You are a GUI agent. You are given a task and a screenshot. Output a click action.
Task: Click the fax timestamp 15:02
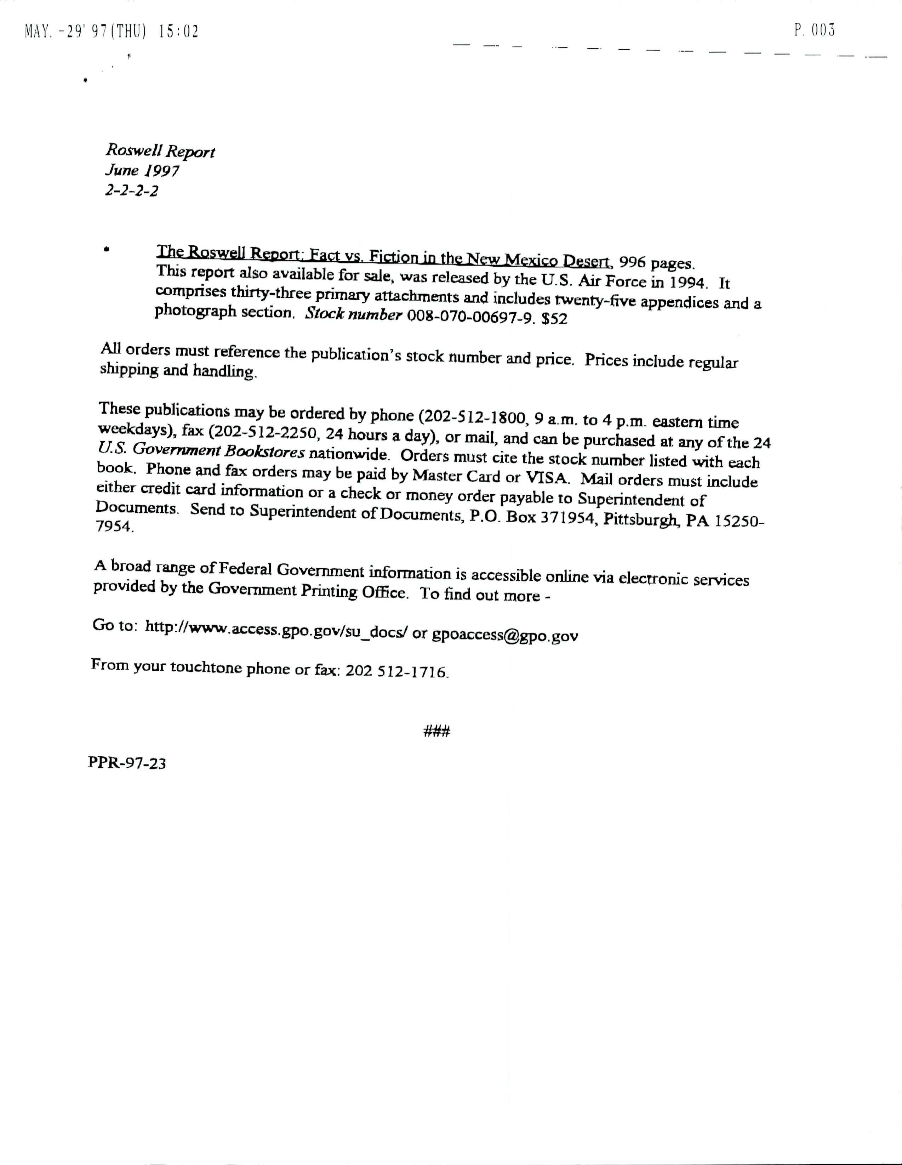pyautogui.click(x=179, y=32)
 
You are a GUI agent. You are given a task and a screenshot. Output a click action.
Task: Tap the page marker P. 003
pyautogui.click(x=813, y=30)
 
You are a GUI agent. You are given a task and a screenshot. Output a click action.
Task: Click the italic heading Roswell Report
pyautogui.click(x=160, y=152)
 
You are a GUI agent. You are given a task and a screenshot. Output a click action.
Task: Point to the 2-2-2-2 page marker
pyautogui.click(x=131, y=191)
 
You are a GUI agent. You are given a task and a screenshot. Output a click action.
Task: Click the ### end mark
pyautogui.click(x=437, y=731)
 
